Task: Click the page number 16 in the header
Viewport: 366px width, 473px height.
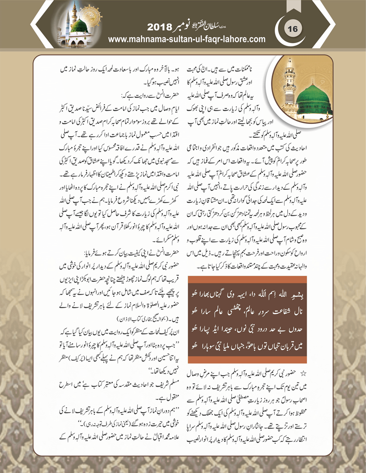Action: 293,28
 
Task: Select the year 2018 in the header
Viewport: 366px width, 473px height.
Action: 159,27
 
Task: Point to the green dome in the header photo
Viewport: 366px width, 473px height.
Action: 80,25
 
